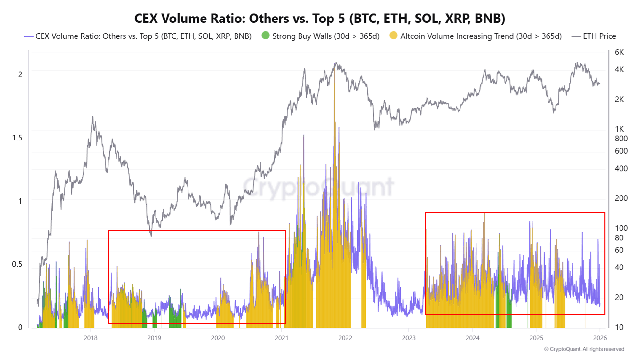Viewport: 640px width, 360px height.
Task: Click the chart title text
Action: tap(319, 19)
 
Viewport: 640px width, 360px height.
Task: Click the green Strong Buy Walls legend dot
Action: tap(265, 36)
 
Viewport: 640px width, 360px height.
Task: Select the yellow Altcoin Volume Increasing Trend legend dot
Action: tap(393, 36)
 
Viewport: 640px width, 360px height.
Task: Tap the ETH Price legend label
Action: tap(599, 36)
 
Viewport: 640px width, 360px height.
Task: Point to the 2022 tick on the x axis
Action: tap(345, 338)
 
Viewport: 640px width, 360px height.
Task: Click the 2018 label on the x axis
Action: tap(91, 338)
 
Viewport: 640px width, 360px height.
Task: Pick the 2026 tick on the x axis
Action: tap(600, 338)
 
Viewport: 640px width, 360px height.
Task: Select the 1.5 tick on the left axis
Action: tap(17, 138)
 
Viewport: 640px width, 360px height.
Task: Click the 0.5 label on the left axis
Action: tap(17, 264)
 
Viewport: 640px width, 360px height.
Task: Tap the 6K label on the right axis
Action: tap(619, 52)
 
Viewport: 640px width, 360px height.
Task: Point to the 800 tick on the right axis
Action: tap(621, 139)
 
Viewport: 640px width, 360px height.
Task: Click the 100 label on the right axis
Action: tap(621, 228)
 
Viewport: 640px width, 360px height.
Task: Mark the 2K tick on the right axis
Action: tap(619, 100)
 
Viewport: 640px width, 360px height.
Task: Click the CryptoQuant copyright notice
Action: tap(584, 349)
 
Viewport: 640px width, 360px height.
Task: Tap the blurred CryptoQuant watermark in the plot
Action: tap(318, 187)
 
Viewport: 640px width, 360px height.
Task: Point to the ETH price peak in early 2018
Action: tap(93, 117)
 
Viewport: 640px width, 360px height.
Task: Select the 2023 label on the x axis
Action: tap(409, 338)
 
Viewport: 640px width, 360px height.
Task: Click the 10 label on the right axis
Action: tap(619, 327)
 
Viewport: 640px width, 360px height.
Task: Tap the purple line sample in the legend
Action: tap(29, 37)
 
